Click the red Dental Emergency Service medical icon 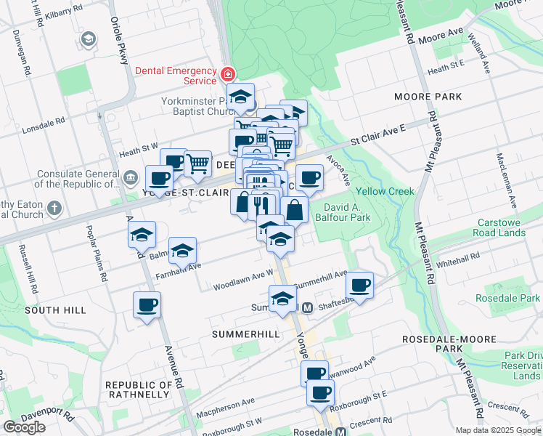[228, 74]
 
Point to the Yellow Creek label [385, 191]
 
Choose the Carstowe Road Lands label [511, 227]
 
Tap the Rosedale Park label [507, 298]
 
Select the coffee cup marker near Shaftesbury [359, 285]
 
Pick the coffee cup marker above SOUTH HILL [147, 304]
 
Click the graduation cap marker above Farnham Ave [183, 251]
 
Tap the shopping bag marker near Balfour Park [294, 211]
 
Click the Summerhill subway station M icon [307, 307]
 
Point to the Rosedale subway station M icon [340, 432]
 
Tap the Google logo [24, 427]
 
